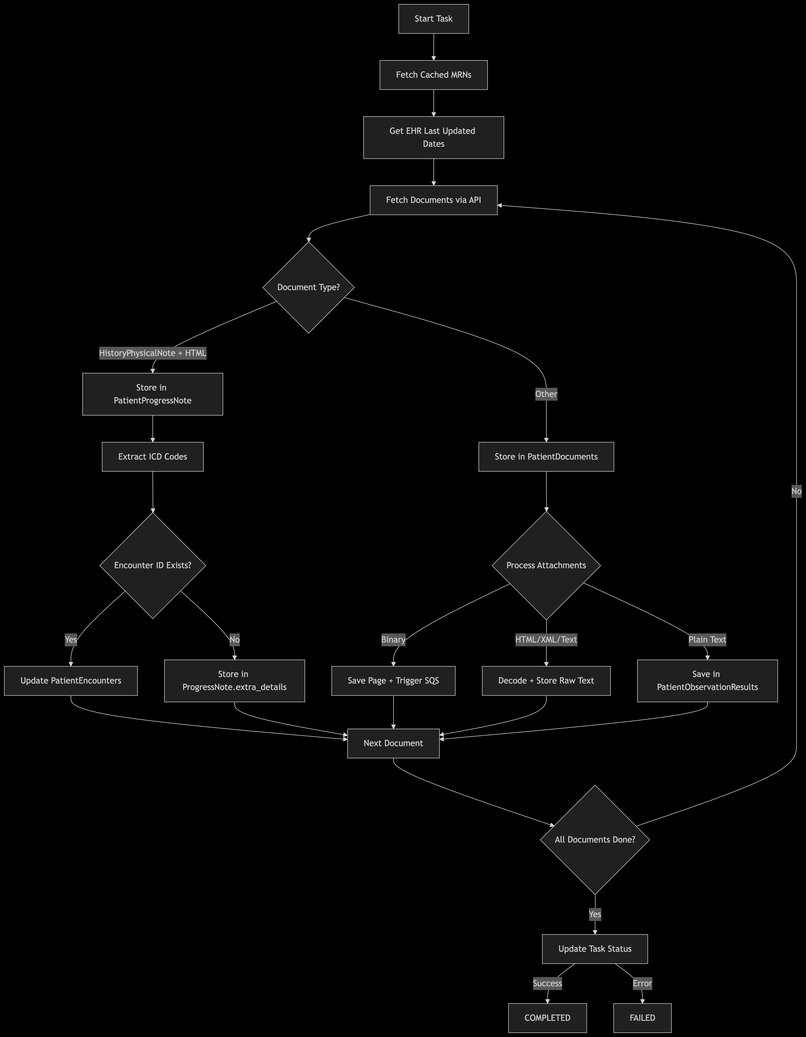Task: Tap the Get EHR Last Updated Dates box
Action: (x=433, y=137)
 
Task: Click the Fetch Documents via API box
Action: (x=433, y=200)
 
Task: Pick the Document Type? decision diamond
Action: (x=308, y=287)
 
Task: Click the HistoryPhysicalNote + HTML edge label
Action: (x=152, y=353)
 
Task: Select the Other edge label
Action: (x=546, y=394)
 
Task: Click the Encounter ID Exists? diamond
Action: (x=152, y=565)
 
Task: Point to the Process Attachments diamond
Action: (x=546, y=565)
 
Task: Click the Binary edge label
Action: (x=393, y=640)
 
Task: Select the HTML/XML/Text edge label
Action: (x=546, y=640)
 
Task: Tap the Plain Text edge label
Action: (x=707, y=640)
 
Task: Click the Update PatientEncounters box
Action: (x=71, y=680)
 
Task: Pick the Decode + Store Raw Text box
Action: (x=546, y=680)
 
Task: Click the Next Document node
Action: (x=393, y=743)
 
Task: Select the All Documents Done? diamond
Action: (x=595, y=839)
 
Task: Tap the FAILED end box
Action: (x=642, y=1018)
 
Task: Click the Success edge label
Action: (x=547, y=983)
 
